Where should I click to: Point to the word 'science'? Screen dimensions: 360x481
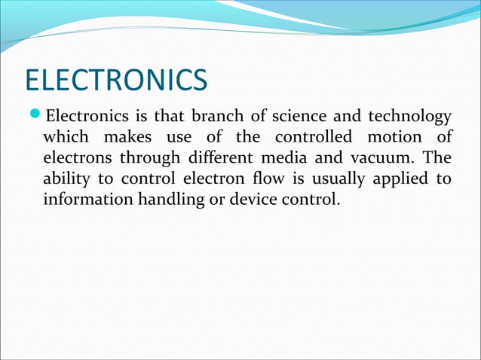[290, 117]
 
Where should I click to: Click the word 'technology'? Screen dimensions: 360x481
[409, 117]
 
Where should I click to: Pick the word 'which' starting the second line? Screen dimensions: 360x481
[66, 138]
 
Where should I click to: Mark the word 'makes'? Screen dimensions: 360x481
[134, 138]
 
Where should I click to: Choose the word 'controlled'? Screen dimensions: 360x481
[313, 138]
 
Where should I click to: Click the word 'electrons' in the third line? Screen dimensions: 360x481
[75, 159]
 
